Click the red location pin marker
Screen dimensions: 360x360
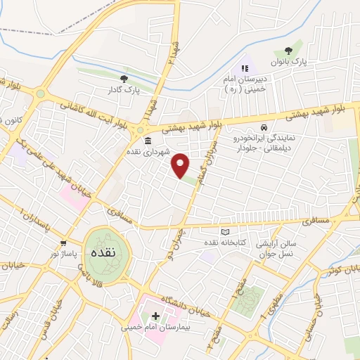tap(181, 165)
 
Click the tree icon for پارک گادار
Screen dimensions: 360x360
tap(124, 79)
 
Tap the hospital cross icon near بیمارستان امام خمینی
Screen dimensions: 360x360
tap(155, 316)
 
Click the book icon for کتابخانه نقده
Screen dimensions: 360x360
tap(225, 232)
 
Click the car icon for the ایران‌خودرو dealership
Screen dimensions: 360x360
tap(264, 128)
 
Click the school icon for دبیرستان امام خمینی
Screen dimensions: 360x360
tap(244, 68)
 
